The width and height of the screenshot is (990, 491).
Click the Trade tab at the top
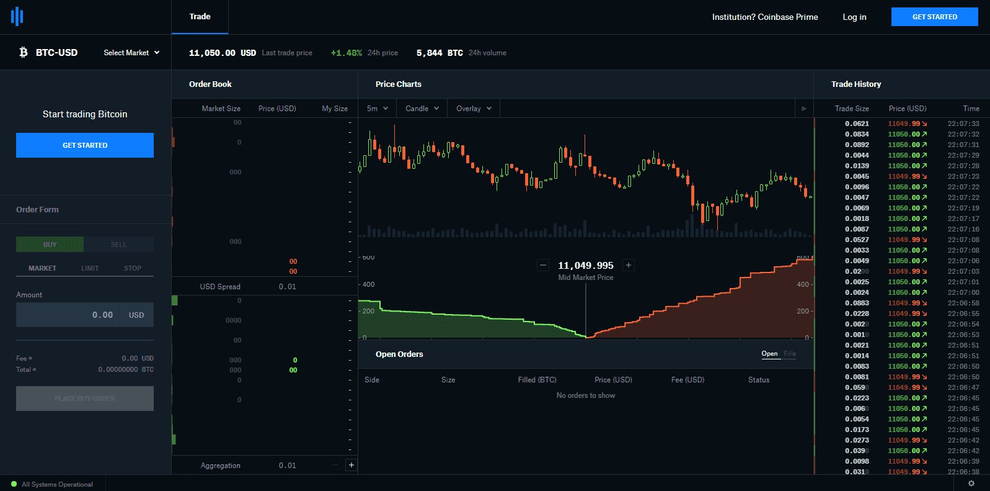pyautogui.click(x=200, y=17)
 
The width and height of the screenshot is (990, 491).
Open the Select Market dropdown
pyautogui.click(x=131, y=53)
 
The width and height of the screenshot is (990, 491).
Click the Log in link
pyautogui.click(x=854, y=17)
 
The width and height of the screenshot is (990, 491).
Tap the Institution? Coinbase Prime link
pyautogui.click(x=764, y=17)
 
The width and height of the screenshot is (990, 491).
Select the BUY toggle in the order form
pyautogui.click(x=50, y=245)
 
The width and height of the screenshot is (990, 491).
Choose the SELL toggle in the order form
pyautogui.click(x=118, y=245)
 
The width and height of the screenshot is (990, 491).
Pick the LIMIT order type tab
pyautogui.click(x=90, y=268)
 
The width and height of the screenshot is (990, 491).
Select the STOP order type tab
pyautogui.click(x=133, y=268)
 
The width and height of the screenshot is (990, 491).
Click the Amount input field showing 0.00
pyautogui.click(x=69, y=315)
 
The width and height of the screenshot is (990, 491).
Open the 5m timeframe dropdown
pyautogui.click(x=377, y=109)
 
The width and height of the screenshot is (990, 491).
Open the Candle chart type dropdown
pyautogui.click(x=422, y=109)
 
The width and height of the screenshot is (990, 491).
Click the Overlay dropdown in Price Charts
pyautogui.click(x=474, y=109)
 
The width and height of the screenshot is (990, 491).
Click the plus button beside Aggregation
pyautogui.click(x=351, y=465)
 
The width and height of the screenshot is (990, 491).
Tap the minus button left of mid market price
pyautogui.click(x=543, y=265)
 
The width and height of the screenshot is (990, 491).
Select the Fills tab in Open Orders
pyautogui.click(x=790, y=354)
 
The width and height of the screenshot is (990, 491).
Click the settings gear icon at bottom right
pyautogui.click(x=971, y=484)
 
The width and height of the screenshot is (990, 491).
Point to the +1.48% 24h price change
pyautogui.click(x=347, y=53)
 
